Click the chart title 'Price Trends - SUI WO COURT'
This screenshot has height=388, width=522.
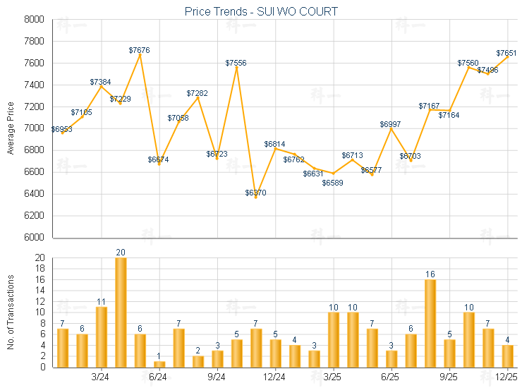point(261,11)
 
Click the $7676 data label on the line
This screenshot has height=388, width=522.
point(139,50)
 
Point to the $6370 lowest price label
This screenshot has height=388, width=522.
point(255,193)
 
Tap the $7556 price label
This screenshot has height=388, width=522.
point(236,63)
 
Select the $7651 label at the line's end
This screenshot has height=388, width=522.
point(506,53)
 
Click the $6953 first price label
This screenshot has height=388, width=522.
point(61,129)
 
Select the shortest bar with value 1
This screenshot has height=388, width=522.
point(159,364)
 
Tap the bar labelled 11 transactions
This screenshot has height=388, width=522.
point(102,337)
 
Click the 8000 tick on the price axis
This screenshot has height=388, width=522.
point(34,20)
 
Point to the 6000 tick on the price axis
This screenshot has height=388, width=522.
point(34,238)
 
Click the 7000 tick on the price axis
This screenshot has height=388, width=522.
point(34,128)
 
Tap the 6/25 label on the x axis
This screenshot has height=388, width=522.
point(391,377)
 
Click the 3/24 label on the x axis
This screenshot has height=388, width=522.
point(102,377)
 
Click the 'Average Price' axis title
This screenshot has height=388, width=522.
point(11,128)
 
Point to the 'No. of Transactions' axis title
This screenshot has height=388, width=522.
point(11,313)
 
